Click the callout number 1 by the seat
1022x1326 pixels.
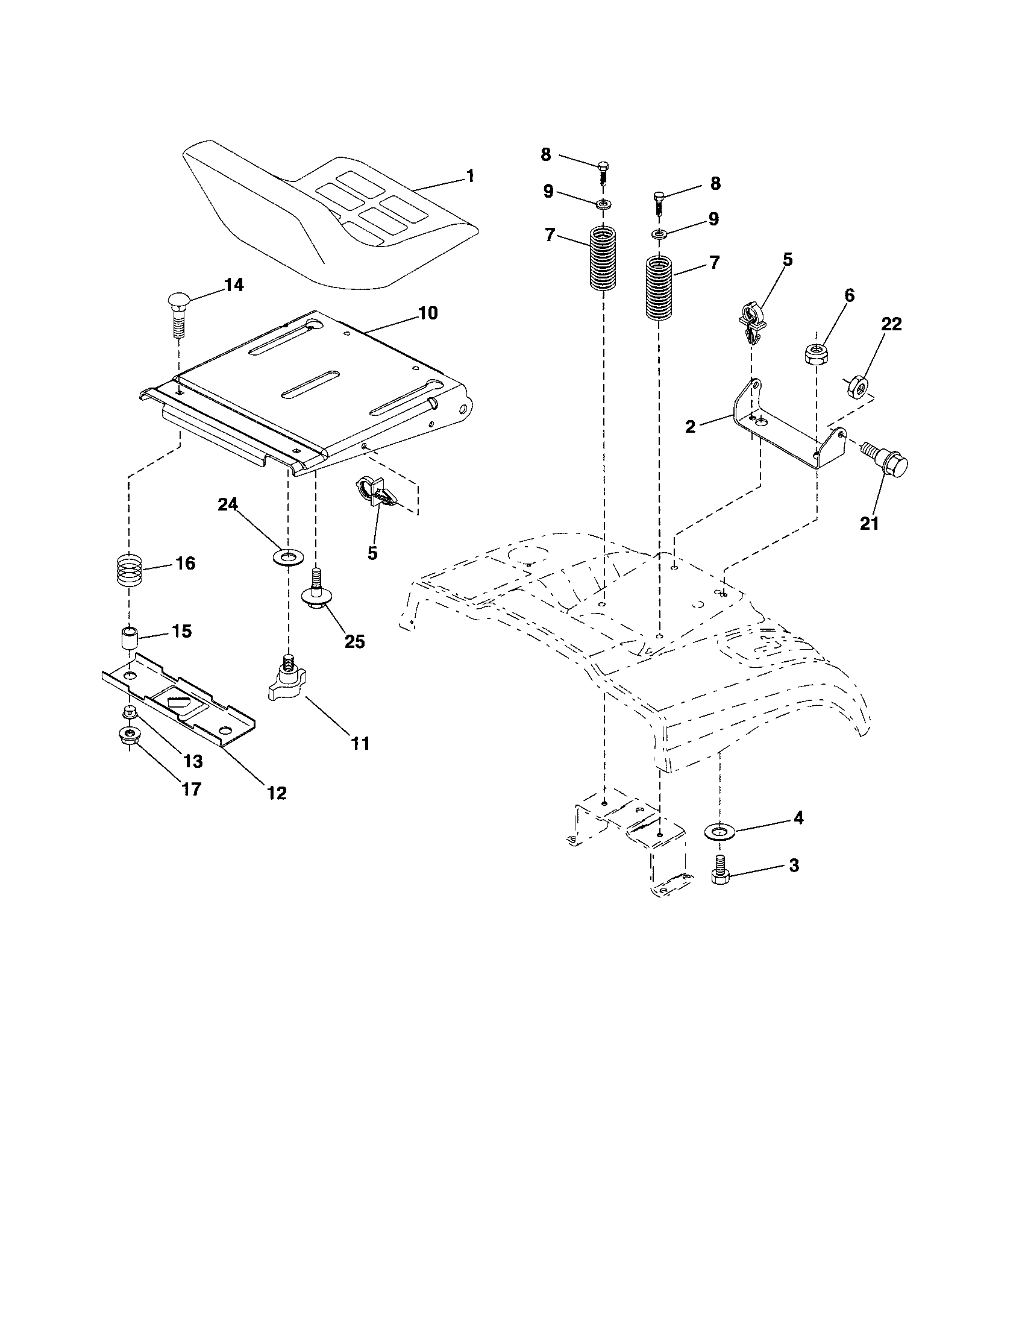tap(470, 176)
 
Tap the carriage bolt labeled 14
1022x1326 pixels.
tap(180, 316)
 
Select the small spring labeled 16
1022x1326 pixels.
tap(129, 571)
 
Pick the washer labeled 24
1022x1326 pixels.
tap(286, 556)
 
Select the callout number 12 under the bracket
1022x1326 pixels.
tap(277, 793)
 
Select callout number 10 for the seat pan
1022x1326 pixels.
tap(427, 313)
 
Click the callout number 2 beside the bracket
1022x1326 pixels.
tap(690, 426)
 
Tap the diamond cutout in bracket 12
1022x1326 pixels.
tap(179, 703)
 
